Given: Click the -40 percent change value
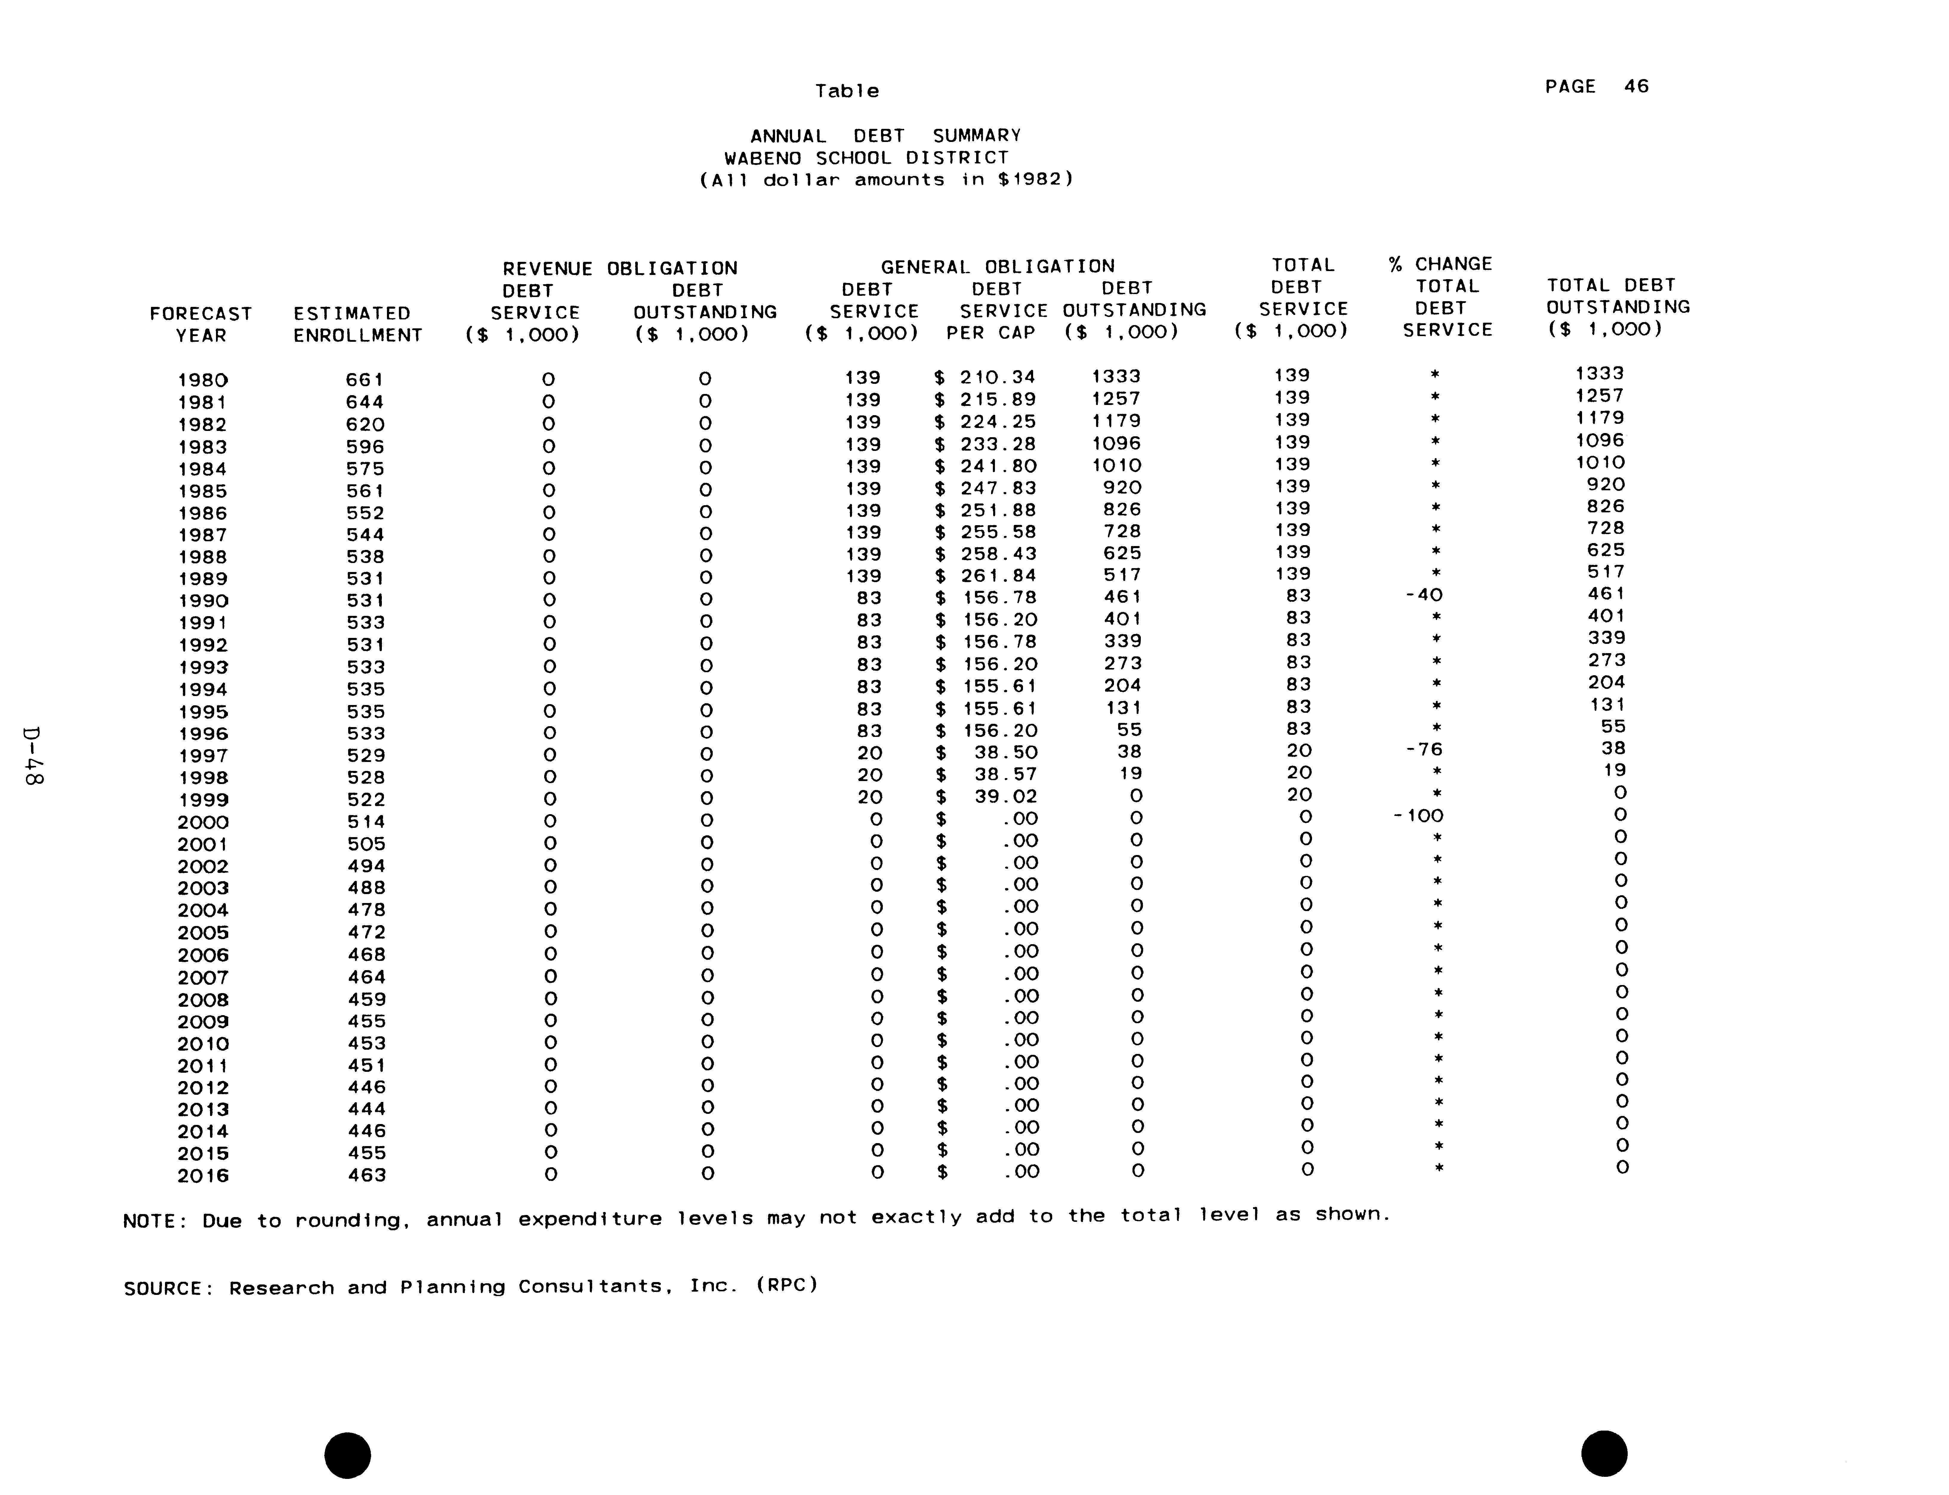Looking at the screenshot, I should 1424,595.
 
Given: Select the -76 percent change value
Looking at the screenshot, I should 1424,749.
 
